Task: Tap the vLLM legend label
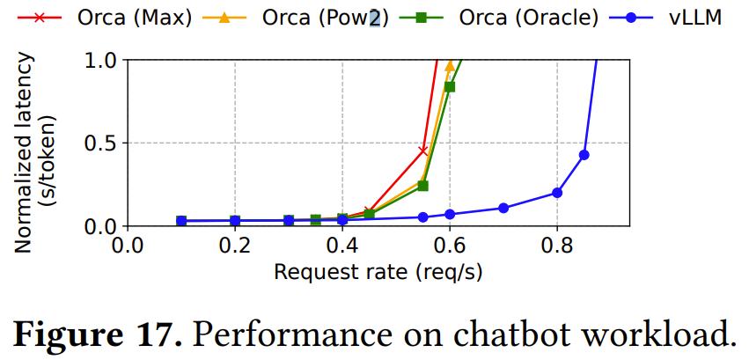(694, 18)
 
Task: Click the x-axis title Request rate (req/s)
(378, 271)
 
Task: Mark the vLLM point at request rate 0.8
(557, 193)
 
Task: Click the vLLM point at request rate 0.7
(503, 209)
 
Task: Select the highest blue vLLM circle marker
(584, 155)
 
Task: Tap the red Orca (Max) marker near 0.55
(423, 151)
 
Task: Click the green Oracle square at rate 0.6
(450, 86)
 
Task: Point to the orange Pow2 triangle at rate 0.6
(450, 66)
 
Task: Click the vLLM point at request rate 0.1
(181, 221)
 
